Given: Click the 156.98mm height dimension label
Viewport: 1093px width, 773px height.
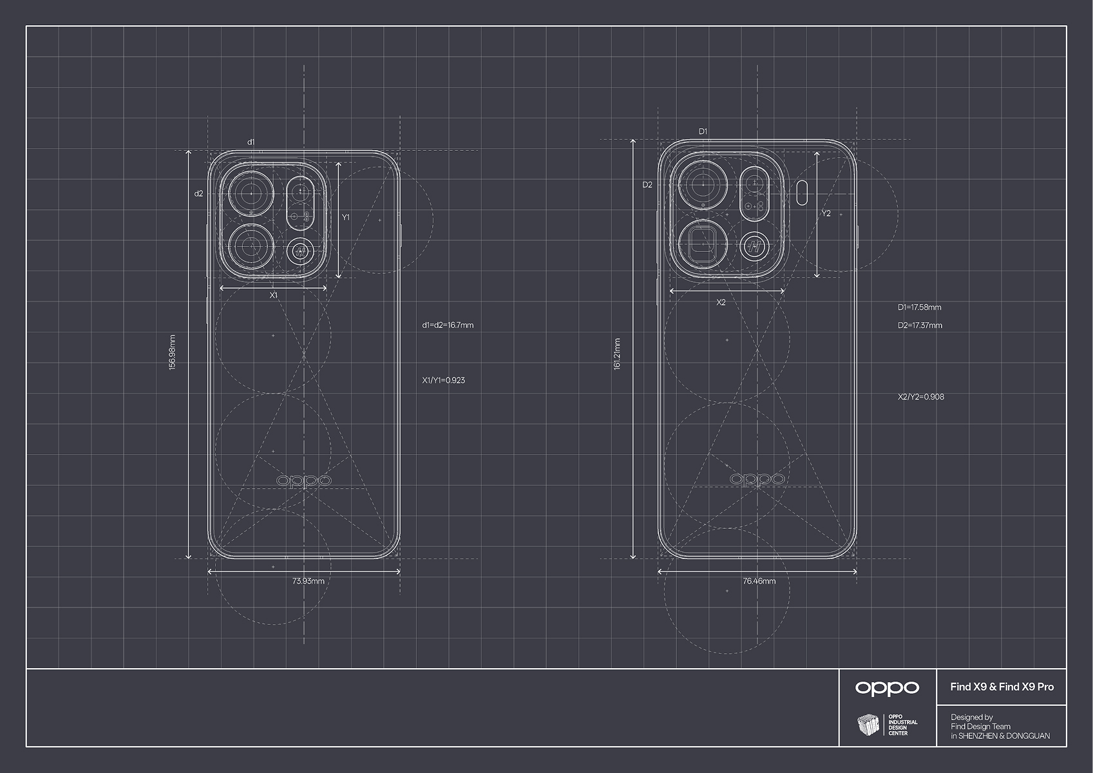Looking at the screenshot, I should [171, 352].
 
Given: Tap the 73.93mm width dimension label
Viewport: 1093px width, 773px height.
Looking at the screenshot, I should [308, 581].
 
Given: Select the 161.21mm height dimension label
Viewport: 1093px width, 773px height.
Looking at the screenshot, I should [618, 354].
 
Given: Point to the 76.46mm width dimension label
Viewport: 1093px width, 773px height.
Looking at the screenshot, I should [759, 581].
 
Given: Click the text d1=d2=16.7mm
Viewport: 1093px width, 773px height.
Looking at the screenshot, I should [448, 325].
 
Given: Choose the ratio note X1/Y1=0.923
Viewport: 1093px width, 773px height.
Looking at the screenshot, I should [443, 380].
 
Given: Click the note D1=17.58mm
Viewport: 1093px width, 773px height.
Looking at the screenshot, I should [919, 307].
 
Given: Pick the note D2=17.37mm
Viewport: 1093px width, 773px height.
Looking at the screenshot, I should [920, 325].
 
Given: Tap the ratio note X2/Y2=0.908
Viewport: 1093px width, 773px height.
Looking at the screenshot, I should [920, 397].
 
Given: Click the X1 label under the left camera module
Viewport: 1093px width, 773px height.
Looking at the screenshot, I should [273, 296].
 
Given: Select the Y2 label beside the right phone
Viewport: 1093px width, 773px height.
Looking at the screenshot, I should [826, 213].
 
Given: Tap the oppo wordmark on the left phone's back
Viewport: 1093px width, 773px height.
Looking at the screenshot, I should [304, 481].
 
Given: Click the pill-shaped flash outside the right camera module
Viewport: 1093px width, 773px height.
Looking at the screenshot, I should [802, 192].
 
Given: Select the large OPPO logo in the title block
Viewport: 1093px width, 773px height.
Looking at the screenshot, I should [887, 687].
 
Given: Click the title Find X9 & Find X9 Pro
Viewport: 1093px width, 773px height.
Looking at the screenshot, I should [1002, 687].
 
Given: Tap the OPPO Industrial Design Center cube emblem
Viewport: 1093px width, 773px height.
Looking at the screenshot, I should [868, 725].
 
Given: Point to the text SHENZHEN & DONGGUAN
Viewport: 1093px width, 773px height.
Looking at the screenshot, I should [1003, 736].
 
